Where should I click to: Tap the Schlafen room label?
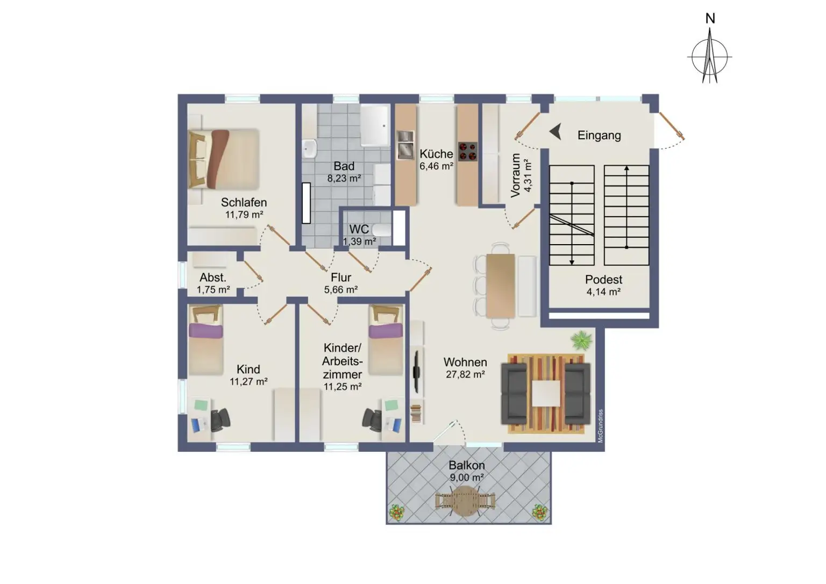244,203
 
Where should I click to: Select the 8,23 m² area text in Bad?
344,179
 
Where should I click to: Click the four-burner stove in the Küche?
468,151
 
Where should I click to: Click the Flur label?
341,277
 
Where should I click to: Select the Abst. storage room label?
213,278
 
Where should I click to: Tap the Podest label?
603,280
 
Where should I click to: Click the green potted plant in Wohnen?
581,340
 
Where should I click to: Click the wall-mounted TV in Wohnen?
416,372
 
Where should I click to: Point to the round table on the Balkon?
466,501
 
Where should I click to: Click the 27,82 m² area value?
466,375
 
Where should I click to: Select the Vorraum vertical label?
516,175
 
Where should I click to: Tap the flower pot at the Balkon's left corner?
397,512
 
